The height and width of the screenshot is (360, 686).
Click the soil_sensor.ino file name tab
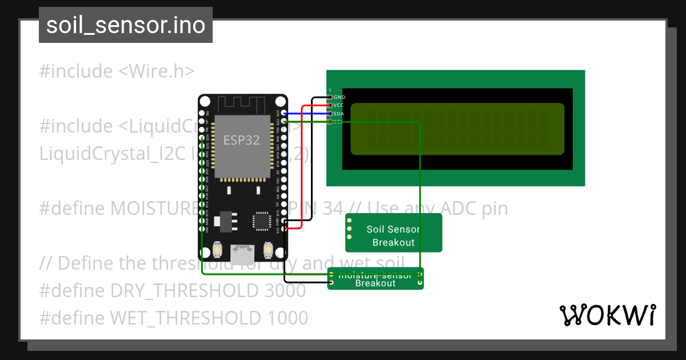tap(125, 25)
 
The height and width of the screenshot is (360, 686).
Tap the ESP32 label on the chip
tap(241, 141)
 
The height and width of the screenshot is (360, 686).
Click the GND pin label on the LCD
tap(340, 97)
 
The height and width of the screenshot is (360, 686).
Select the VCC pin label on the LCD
tap(339, 105)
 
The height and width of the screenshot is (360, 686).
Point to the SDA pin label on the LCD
tap(339, 114)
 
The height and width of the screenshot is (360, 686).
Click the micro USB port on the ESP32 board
tap(242, 252)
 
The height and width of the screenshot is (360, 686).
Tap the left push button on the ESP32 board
tap(217, 250)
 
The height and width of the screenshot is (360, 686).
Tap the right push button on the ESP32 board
tap(268, 250)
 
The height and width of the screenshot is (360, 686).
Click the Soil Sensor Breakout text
tap(393, 235)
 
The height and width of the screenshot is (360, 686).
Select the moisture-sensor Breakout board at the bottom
tap(376, 279)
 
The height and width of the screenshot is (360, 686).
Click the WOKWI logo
tap(607, 315)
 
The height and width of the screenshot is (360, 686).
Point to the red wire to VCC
tap(301, 171)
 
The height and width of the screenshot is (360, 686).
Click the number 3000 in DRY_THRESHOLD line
tap(285, 291)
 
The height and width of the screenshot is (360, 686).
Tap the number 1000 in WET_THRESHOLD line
tap(288, 317)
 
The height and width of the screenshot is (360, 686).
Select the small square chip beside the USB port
tap(262, 221)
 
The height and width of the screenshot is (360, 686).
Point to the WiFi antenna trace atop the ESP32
tap(242, 105)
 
